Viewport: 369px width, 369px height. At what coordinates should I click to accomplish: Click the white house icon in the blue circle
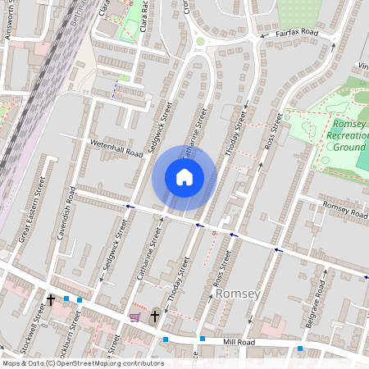[x=184, y=177]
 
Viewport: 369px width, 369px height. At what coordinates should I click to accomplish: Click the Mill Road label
[x=244, y=342]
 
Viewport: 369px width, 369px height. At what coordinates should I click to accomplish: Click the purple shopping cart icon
[x=134, y=317]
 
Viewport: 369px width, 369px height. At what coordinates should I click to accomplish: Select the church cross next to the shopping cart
[x=155, y=315]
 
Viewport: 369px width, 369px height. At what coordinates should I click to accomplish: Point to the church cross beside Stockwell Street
[x=50, y=301]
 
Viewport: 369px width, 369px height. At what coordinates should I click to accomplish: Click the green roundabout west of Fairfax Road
[x=200, y=41]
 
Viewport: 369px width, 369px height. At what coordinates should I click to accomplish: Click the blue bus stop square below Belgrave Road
[x=300, y=348]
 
